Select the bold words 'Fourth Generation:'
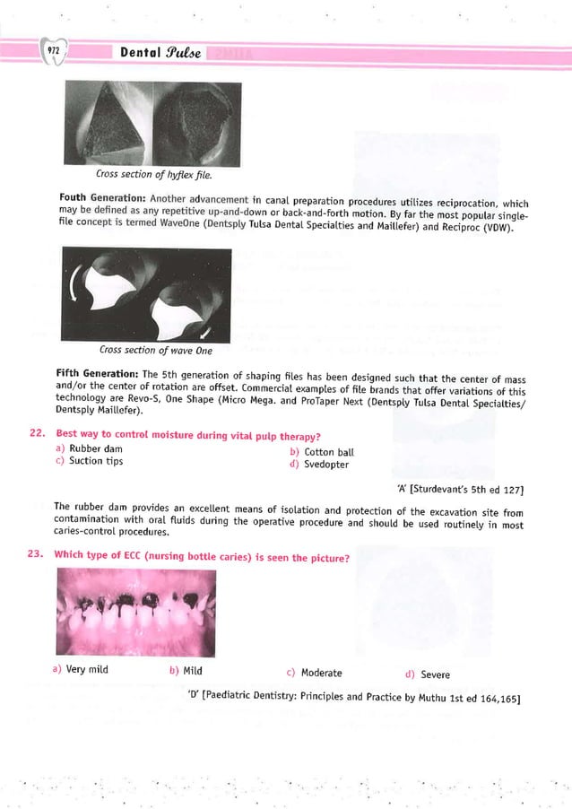(x=102, y=197)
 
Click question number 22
(x=36, y=436)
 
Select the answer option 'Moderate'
(x=320, y=674)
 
